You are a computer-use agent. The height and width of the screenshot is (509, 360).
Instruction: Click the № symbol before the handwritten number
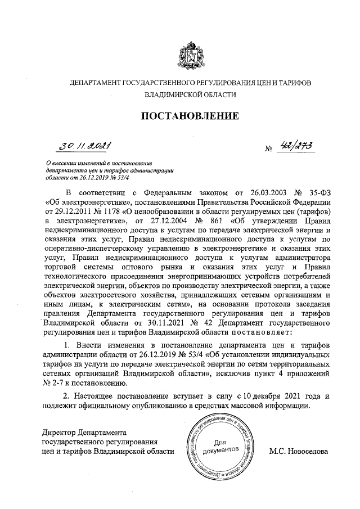click(268, 150)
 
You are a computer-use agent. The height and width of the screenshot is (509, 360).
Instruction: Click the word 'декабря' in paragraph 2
click(264, 395)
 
